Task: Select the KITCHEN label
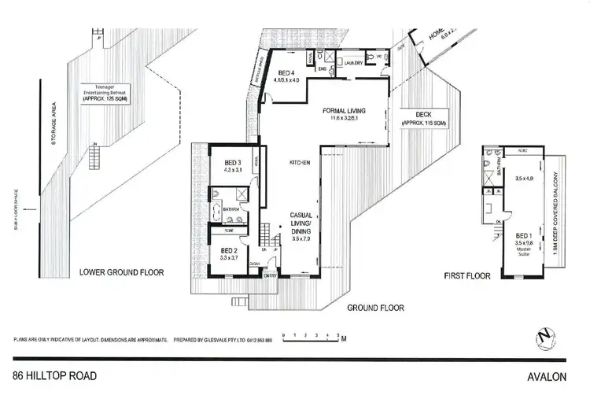pyautogui.click(x=300, y=162)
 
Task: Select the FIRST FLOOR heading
pyautogui.click(x=466, y=276)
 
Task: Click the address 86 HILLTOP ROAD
pyautogui.click(x=55, y=376)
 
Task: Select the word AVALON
pyautogui.click(x=548, y=377)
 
